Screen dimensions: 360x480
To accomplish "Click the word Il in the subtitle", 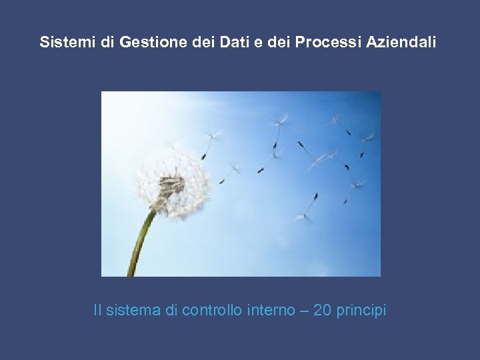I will tap(98, 311).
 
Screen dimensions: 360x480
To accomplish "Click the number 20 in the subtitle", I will tap(323, 311).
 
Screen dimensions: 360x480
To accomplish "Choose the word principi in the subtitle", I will tap(362, 311).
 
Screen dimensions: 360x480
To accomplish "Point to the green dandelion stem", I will tap(141, 240).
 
